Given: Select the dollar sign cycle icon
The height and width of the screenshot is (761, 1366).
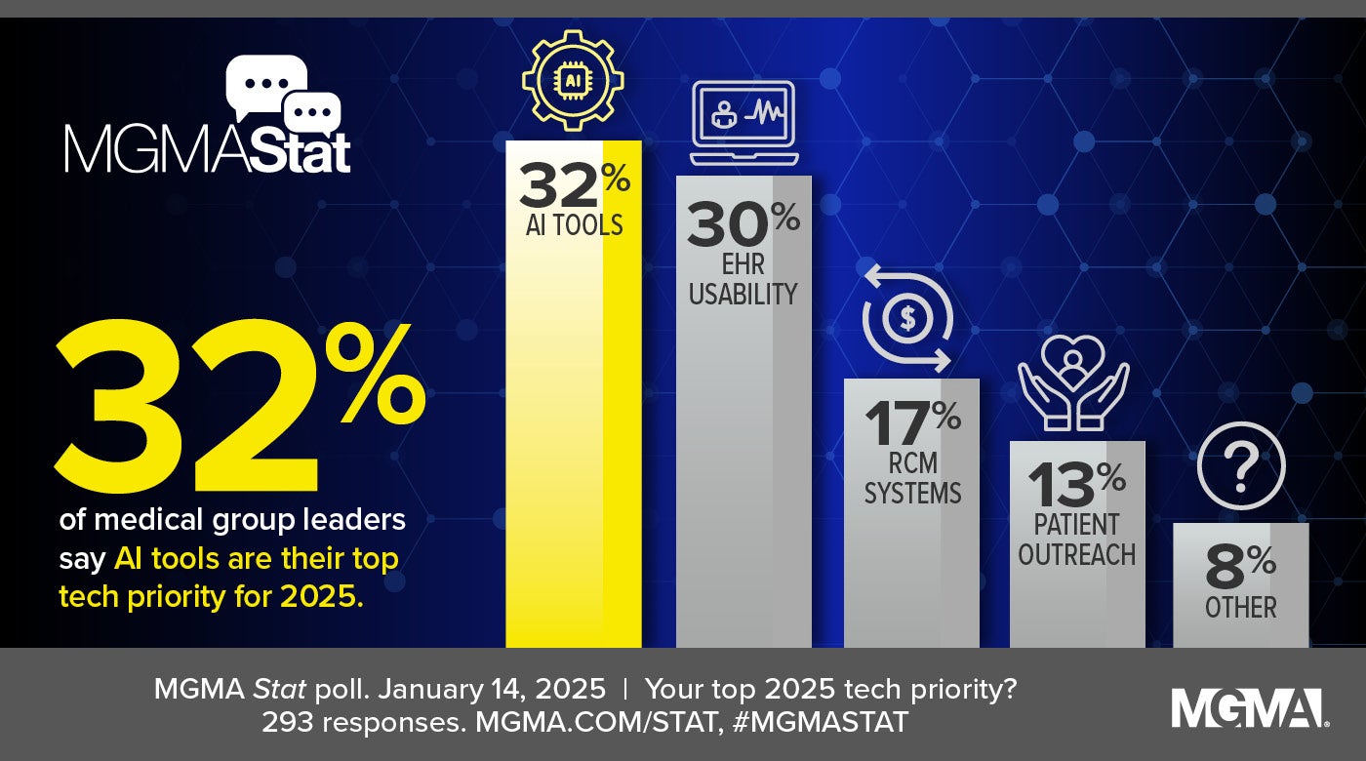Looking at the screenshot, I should point(907,319).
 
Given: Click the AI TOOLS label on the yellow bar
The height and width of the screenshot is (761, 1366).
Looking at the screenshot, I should point(573,226).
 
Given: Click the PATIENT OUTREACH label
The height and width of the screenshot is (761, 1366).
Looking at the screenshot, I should point(1077,540).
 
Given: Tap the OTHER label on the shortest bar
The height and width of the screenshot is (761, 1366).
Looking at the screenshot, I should point(1241,608).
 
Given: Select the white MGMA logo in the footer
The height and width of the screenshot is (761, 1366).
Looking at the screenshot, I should point(1249,708).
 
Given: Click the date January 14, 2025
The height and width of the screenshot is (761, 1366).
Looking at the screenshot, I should point(491,689).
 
